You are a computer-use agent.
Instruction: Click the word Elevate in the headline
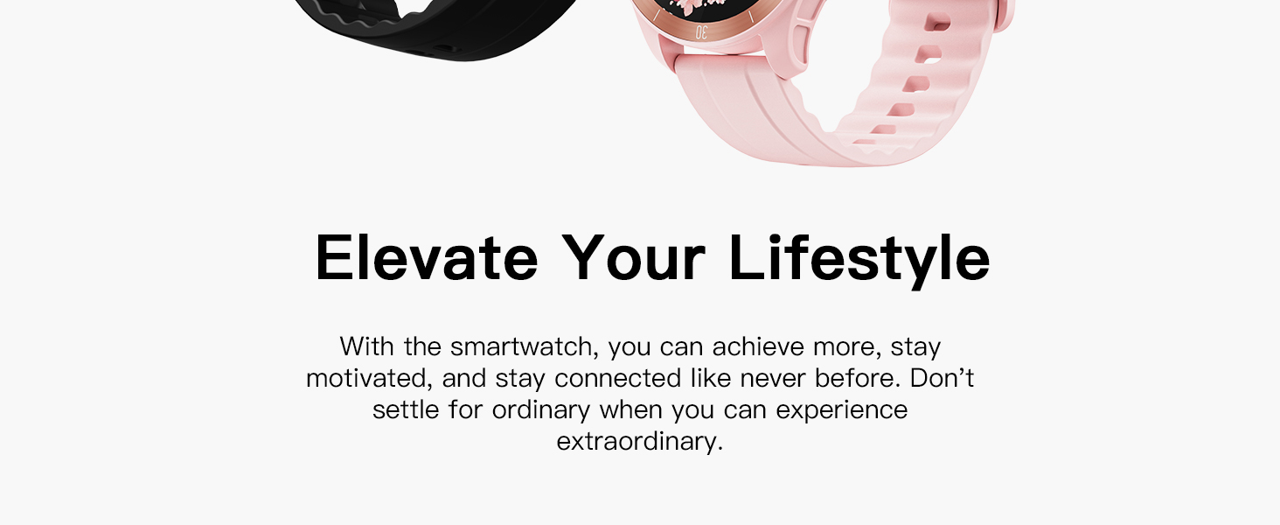click(x=426, y=258)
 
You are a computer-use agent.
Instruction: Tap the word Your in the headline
click(x=632, y=258)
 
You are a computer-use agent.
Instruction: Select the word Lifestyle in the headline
click(x=859, y=258)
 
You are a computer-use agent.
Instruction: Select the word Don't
click(x=942, y=378)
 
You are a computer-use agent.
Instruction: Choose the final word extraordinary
click(x=639, y=441)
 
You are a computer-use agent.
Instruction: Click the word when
click(x=630, y=409)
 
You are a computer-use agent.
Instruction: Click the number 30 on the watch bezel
click(x=701, y=31)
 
